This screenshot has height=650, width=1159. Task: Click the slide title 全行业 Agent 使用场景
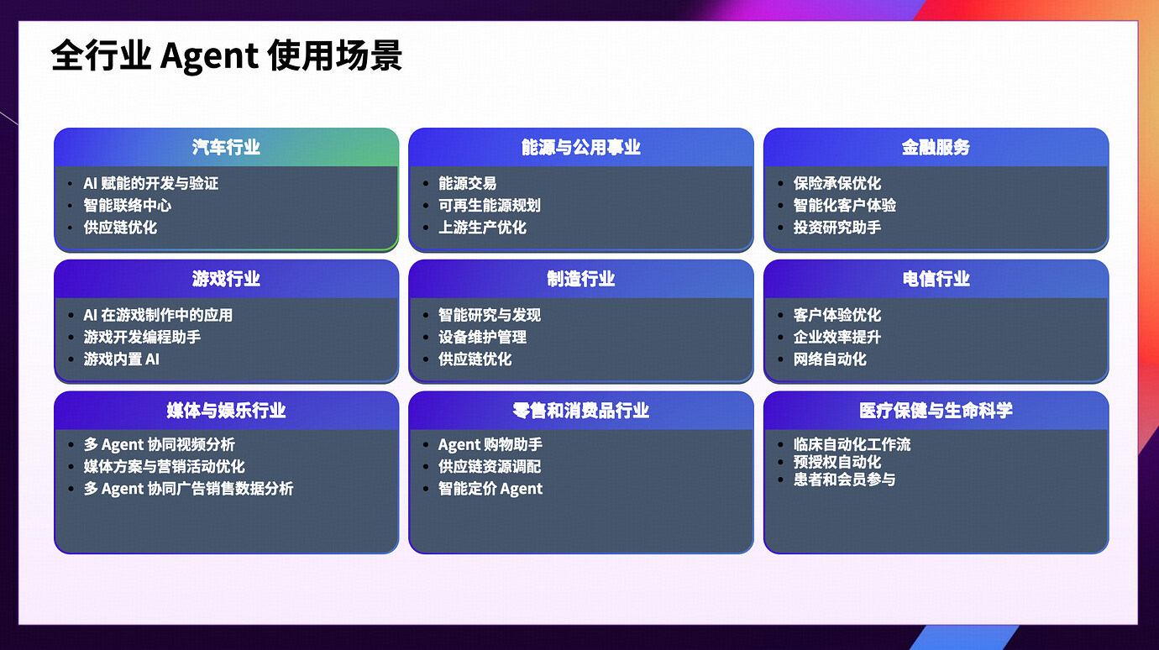[x=227, y=56]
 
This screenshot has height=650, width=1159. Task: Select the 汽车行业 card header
[x=226, y=147]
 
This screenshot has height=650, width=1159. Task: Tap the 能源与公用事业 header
[x=580, y=147]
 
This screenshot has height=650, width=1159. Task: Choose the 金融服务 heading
[x=936, y=147]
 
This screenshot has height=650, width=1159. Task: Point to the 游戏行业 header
[x=226, y=279]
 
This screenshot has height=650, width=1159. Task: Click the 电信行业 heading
[x=936, y=279]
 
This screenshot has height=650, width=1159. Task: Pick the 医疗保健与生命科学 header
[x=936, y=411]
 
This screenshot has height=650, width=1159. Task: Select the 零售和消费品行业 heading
[x=580, y=411]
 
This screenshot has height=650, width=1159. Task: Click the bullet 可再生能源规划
[x=490, y=205]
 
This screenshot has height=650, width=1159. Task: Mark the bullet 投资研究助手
[x=837, y=227]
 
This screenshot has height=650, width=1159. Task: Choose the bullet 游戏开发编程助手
[x=142, y=337]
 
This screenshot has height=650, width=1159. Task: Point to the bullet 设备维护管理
[x=482, y=337]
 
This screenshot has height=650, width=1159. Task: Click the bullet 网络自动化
[x=830, y=359]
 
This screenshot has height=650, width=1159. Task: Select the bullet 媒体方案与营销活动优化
[x=165, y=466]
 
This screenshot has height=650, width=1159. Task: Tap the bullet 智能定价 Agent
[x=490, y=489]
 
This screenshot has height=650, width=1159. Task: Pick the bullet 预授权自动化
[x=837, y=462]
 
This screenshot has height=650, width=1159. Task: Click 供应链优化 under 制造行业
[x=475, y=359]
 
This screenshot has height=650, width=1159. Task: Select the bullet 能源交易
[x=468, y=183]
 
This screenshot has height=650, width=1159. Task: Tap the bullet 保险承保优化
[x=837, y=183]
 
